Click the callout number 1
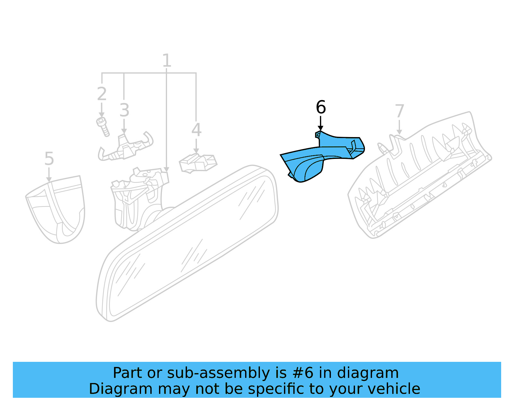click(x=166, y=60)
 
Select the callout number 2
click(x=102, y=94)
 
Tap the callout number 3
click(x=124, y=110)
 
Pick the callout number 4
click(x=196, y=130)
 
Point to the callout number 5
click(x=49, y=159)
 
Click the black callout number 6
click(x=321, y=107)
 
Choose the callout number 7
click(x=399, y=111)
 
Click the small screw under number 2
click(x=103, y=126)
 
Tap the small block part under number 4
click(x=198, y=163)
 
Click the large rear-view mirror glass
click(x=190, y=244)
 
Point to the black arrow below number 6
click(x=320, y=124)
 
